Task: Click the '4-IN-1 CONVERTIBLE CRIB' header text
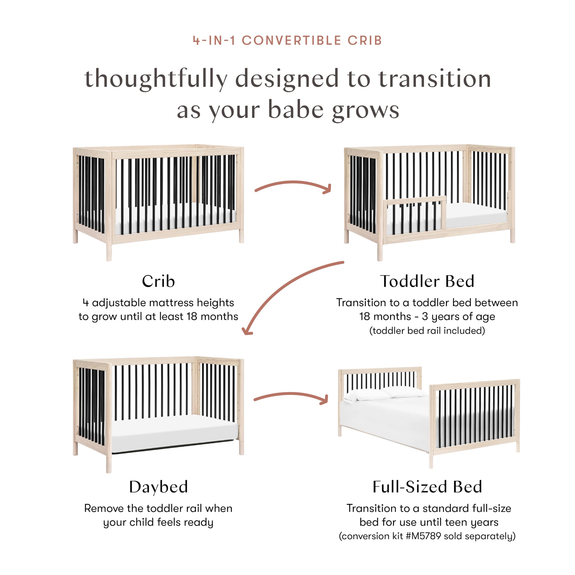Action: (x=287, y=40)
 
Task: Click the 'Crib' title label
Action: (x=158, y=281)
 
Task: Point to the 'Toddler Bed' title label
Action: (x=427, y=281)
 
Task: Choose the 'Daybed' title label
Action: (x=158, y=487)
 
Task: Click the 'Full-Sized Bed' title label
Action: (x=427, y=487)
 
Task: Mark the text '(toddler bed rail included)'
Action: (x=427, y=331)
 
